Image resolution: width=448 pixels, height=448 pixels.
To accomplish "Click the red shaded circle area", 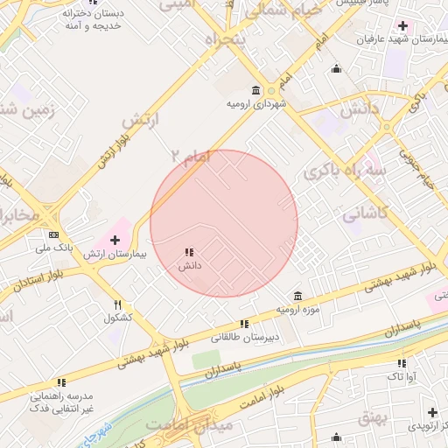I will click(x=224, y=223).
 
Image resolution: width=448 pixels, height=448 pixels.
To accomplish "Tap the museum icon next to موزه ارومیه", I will click(x=298, y=294).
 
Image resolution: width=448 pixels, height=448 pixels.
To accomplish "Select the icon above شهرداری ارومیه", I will click(x=255, y=90).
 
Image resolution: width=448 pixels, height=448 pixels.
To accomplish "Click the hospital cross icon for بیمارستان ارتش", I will click(x=115, y=239).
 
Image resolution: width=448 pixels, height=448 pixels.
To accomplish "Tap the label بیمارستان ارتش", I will click(x=114, y=255).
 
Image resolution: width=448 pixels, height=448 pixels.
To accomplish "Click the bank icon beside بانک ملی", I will click(x=54, y=234).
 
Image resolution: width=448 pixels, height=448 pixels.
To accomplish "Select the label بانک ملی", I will click(x=54, y=248).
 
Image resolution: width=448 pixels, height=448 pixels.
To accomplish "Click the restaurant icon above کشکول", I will click(x=117, y=304).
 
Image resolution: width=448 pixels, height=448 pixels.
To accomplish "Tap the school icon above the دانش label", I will click(x=188, y=252).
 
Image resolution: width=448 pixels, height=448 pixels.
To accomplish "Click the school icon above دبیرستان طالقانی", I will click(x=244, y=324).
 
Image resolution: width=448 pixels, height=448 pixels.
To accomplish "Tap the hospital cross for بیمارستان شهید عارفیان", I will click(x=402, y=25).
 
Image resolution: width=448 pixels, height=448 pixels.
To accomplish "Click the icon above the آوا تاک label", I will click(x=402, y=363).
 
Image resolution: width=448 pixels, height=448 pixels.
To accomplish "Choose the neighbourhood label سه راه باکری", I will click(x=344, y=172).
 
